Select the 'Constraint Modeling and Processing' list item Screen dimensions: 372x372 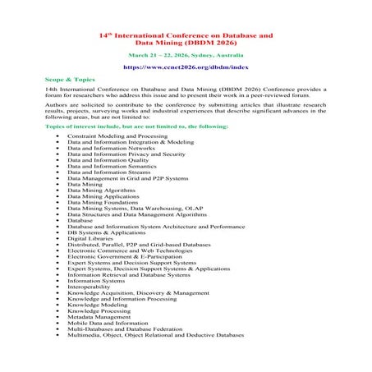tap(115, 134)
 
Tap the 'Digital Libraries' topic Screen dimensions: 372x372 tap(90, 237)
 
